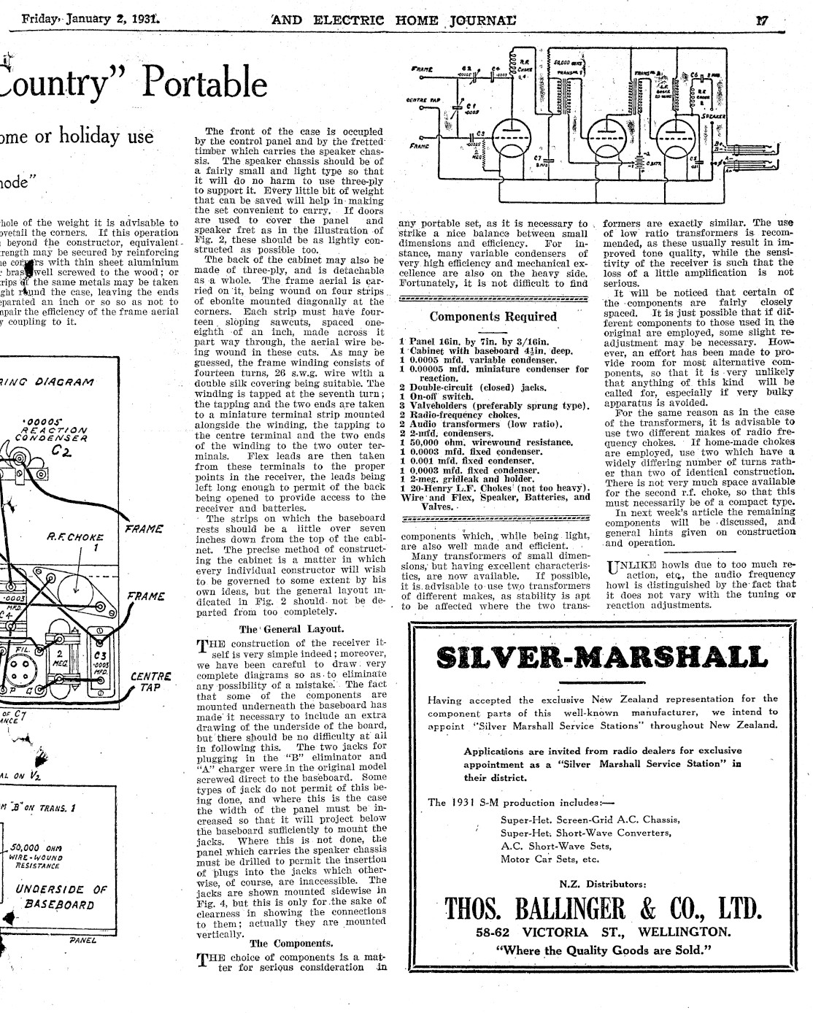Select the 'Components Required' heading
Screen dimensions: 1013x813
point(493,317)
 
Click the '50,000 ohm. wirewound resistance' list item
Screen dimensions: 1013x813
point(486,442)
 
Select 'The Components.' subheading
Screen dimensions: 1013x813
point(293,942)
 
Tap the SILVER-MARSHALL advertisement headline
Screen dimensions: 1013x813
point(601,658)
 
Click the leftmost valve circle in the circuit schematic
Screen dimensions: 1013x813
point(509,136)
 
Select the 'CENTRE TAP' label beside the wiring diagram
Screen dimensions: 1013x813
point(150,682)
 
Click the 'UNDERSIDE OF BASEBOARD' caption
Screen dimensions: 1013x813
point(61,897)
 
